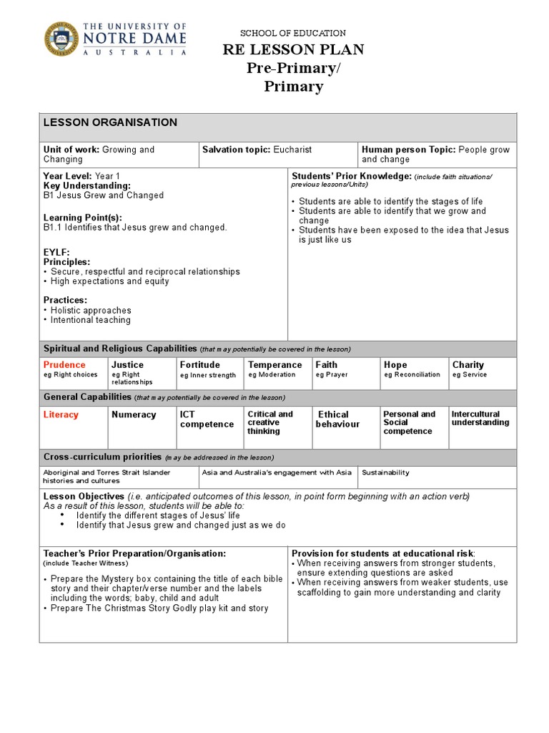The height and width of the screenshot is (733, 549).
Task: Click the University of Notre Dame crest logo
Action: (62, 39)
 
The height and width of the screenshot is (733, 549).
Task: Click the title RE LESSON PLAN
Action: (294, 49)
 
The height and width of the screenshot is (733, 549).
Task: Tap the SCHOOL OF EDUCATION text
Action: (293, 33)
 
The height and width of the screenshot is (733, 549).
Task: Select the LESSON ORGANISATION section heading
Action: (110, 122)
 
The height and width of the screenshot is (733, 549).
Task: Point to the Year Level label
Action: (67, 175)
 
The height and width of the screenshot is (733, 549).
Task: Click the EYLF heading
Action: (56, 253)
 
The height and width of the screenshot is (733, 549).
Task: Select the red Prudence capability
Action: (64, 364)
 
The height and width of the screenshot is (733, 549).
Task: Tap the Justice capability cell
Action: (127, 364)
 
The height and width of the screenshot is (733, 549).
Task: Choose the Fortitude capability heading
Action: (199, 364)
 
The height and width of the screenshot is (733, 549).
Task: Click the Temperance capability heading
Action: (274, 364)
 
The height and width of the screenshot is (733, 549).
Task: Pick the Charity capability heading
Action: (468, 364)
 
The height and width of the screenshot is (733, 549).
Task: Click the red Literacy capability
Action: (61, 414)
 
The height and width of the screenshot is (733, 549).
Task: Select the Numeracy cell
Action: (134, 414)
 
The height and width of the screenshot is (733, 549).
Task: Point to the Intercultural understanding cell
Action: (480, 418)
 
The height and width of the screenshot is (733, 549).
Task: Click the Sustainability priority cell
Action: (386, 472)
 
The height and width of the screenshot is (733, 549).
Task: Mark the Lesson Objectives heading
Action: (84, 496)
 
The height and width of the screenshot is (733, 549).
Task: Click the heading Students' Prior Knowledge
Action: (350, 175)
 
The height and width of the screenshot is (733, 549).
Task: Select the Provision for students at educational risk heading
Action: (382, 553)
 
